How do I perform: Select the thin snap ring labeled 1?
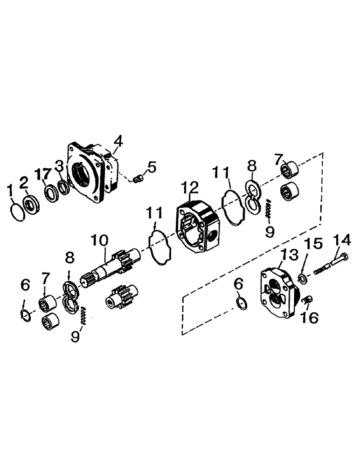tap(17, 213)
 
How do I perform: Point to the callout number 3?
tap(59, 165)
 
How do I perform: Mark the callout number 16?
tap(311, 317)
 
